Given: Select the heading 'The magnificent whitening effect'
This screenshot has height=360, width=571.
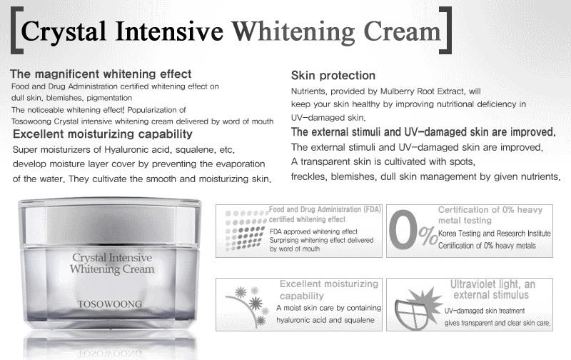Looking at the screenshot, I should pyautogui.click(x=101, y=74).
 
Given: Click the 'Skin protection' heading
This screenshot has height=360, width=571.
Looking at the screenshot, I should pyautogui.click(x=333, y=76).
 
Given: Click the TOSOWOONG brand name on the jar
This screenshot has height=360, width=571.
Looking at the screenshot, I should pyautogui.click(x=107, y=304).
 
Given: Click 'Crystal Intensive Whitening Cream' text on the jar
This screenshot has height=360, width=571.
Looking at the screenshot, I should pyautogui.click(x=107, y=262).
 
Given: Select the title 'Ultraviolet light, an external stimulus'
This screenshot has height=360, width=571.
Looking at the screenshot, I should pyautogui.click(x=500, y=289).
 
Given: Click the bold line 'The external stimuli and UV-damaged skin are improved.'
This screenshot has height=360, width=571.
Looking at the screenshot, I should pyautogui.click(x=424, y=133).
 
